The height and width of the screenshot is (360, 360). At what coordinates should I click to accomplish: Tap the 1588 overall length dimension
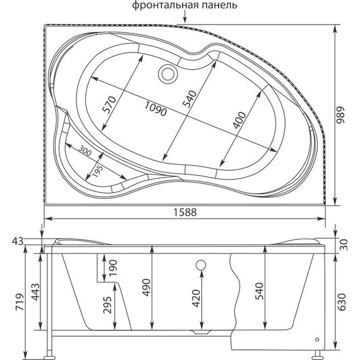tap(183, 212)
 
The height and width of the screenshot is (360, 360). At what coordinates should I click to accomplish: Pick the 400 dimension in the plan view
tap(241, 119)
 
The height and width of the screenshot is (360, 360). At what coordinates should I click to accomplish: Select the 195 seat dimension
tap(97, 170)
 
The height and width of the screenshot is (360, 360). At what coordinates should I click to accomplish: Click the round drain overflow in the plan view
tap(169, 74)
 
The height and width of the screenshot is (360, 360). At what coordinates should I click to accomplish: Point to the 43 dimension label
tap(18, 241)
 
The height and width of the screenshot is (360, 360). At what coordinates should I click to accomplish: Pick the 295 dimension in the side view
tap(107, 307)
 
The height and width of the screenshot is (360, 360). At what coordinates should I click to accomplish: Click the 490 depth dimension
tap(145, 287)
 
